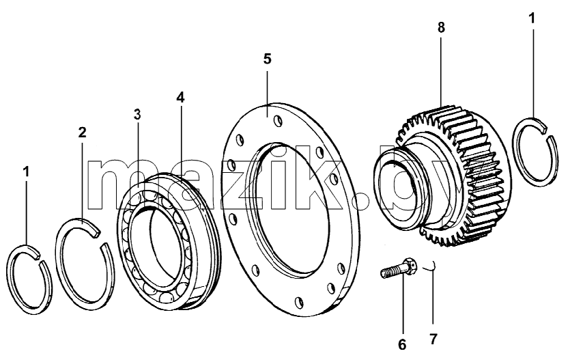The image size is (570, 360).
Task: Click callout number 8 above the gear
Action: tap(441, 27)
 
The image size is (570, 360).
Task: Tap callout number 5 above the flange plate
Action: tap(267, 59)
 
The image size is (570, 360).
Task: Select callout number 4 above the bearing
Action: tap(180, 97)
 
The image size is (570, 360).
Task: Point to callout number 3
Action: tap(137, 114)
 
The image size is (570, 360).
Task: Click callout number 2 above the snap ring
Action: tap(82, 133)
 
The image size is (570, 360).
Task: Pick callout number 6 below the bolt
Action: tap(402, 344)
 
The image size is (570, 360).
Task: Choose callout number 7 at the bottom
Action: tap(433, 339)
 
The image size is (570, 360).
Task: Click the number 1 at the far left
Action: tap(26, 172)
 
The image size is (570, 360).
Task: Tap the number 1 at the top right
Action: tap(532, 18)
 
